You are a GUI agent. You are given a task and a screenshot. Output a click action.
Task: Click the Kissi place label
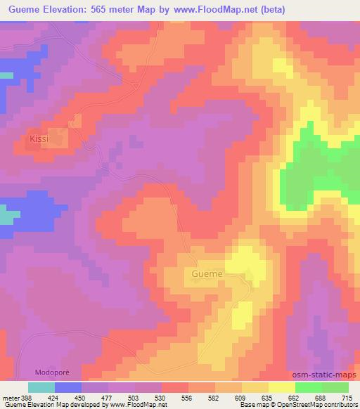coord(39,139)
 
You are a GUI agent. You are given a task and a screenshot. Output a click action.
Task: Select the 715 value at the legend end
coord(345,397)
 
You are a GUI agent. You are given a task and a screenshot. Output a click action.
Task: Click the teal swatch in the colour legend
coord(41,387)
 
